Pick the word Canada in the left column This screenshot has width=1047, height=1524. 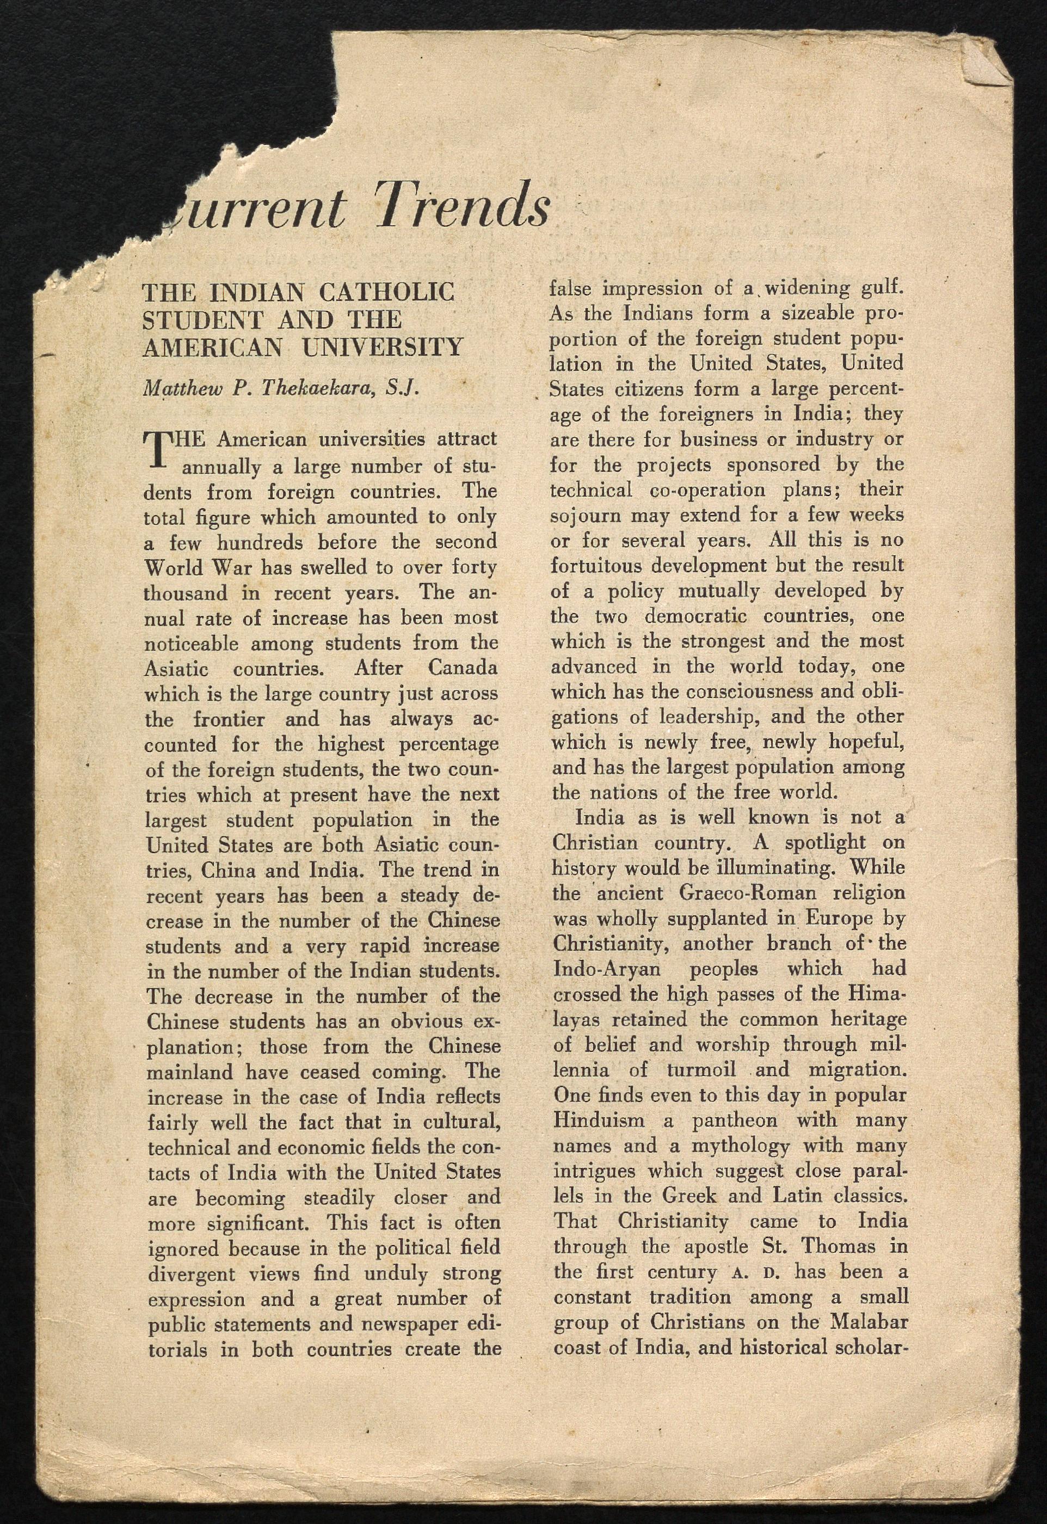(x=463, y=669)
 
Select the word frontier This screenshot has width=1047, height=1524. (x=229, y=719)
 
